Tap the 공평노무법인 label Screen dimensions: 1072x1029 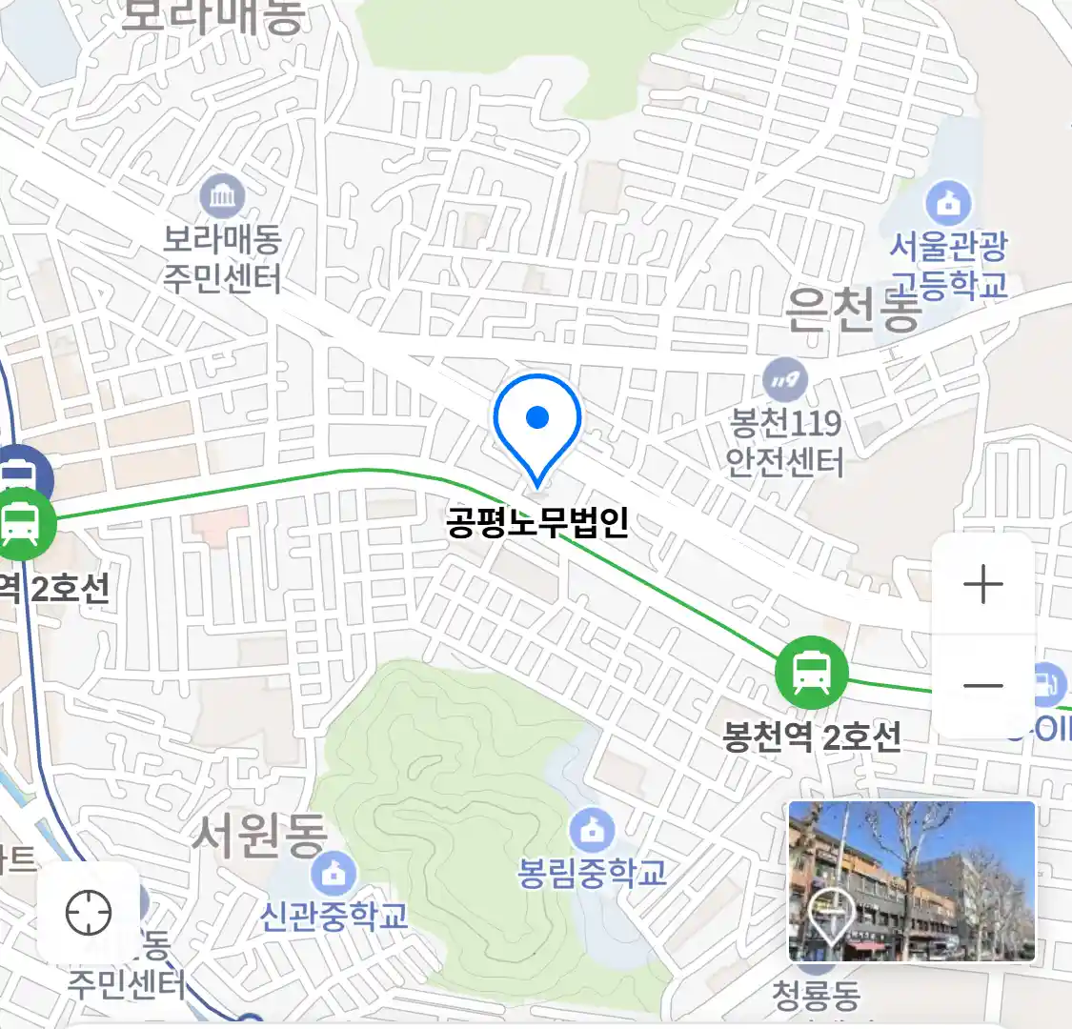pos(537,522)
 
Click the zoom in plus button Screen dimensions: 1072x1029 pos(982,584)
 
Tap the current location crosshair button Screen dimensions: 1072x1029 pos(89,914)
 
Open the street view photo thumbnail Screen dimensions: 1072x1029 pos(911,880)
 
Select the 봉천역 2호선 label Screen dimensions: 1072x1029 pos(811,736)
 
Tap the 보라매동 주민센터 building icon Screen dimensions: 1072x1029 pos(223,198)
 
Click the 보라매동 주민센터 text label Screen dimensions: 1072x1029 pos(222,259)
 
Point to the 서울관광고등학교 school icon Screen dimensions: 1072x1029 pos(949,203)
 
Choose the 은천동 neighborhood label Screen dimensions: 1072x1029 pos(853,311)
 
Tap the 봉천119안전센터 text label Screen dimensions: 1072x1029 pos(785,442)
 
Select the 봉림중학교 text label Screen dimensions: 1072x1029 pos(592,872)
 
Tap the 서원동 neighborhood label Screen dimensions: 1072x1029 pos(259,835)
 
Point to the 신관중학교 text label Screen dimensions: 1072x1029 pos(334,916)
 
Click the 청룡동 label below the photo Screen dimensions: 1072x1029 pos(816,996)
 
